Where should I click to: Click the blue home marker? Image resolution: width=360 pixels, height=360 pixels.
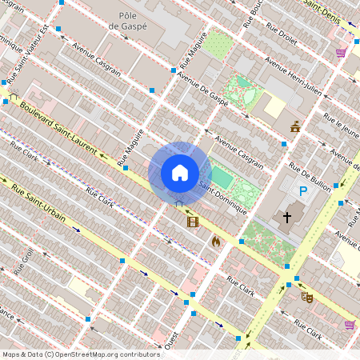click(x=179, y=173)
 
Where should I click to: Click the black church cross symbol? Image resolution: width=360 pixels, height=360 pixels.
click(x=287, y=217)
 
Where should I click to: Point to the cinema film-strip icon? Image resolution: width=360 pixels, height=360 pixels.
click(x=192, y=222)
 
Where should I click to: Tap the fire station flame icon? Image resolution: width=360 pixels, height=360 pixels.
click(x=215, y=240)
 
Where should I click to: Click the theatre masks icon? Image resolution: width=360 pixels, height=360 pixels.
click(x=307, y=296)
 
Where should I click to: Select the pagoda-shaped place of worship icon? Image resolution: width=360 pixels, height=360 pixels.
click(x=295, y=126)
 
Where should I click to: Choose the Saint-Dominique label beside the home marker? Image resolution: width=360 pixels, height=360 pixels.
click(x=216, y=186)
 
